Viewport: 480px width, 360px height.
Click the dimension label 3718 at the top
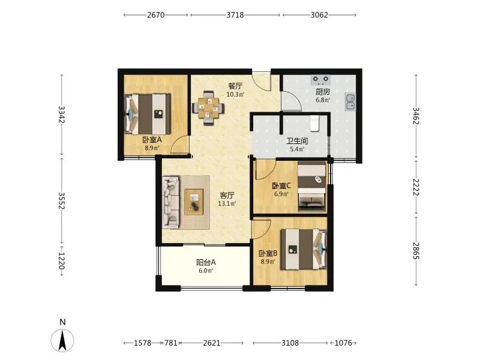pos(235,14)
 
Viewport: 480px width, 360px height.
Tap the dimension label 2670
pos(156,14)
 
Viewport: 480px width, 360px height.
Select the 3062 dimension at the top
pos(319,14)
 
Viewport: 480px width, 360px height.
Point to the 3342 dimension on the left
pos(62,114)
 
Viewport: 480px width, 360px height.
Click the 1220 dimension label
pos(62,261)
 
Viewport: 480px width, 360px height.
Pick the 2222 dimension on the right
pos(416,187)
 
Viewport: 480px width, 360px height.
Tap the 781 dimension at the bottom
pos(171,343)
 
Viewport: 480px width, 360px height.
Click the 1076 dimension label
pos(343,343)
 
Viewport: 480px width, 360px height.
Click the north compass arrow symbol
pos(62,340)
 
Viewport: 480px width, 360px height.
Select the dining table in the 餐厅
pos(208,108)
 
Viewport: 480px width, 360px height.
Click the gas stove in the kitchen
pos(320,80)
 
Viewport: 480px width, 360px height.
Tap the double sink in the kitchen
pos(350,101)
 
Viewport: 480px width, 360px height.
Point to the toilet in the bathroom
pos(314,123)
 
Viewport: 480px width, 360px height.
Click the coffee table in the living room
pos(194,202)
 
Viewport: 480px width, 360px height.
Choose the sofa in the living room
pos(171,202)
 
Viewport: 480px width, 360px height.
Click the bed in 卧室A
pos(148,114)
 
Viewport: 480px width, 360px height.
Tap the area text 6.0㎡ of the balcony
pos(206,271)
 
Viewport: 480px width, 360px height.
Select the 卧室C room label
pos(281,185)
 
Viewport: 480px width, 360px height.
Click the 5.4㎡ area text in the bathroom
pos(297,149)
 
